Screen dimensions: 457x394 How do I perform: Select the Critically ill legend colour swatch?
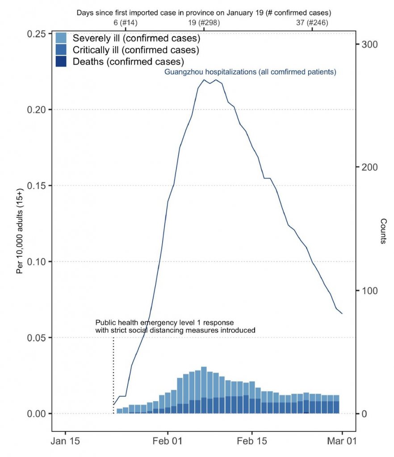[x=61, y=50]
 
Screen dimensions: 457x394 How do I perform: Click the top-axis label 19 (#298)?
[x=204, y=22]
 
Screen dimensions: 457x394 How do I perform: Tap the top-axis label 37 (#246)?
[x=312, y=22]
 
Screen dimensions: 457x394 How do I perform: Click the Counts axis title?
[x=383, y=231]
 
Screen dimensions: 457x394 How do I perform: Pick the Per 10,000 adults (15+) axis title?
[x=20, y=232]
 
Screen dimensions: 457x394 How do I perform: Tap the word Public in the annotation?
[x=105, y=322]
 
